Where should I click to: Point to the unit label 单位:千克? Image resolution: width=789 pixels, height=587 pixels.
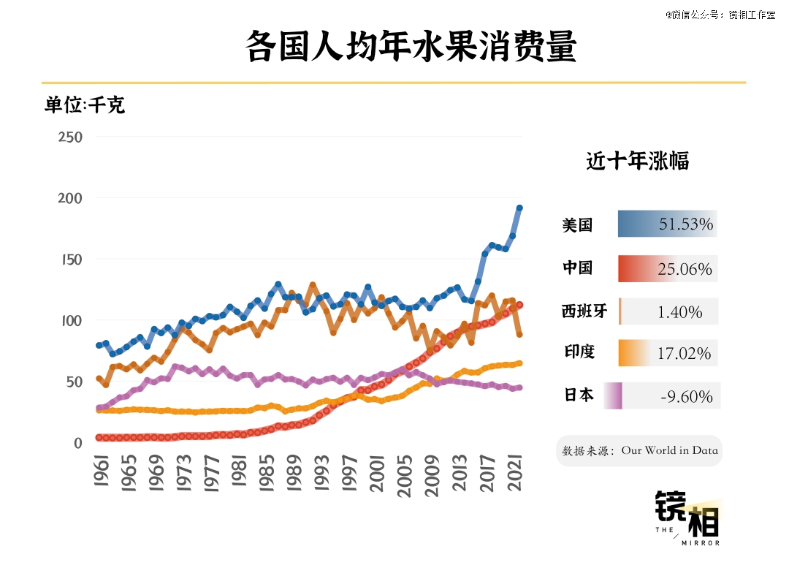[x=85, y=105]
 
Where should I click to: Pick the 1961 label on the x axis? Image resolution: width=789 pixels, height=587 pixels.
[x=101, y=472]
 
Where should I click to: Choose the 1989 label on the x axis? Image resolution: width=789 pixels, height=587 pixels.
[x=294, y=472]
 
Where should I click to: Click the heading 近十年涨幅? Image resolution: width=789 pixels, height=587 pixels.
[x=637, y=161]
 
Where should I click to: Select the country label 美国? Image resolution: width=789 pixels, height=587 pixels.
[x=577, y=225]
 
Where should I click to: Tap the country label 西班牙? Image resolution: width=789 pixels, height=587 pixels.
[x=584, y=311]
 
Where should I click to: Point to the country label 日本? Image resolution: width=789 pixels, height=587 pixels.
[x=579, y=395]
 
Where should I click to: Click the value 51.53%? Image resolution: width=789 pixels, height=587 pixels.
[x=685, y=224]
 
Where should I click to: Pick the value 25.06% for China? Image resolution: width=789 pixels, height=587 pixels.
[x=685, y=270]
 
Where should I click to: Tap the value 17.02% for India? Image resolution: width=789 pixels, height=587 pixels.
[x=684, y=354]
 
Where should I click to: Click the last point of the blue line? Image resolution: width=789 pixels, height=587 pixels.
[x=519, y=208]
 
